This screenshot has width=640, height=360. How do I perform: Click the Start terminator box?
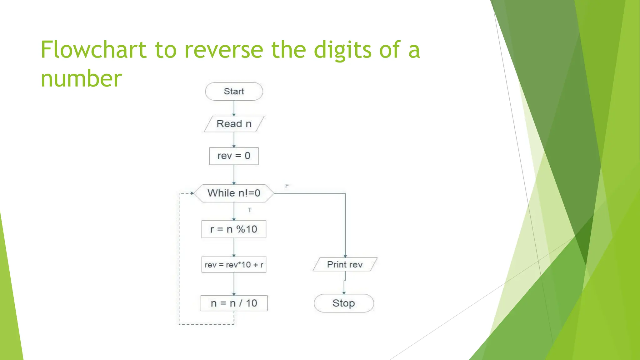[x=234, y=91]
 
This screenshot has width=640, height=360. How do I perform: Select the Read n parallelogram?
[x=234, y=124]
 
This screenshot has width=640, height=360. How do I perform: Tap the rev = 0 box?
[x=234, y=156]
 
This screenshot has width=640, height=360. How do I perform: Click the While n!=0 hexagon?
[x=234, y=193]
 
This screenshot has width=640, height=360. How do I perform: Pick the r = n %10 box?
[x=234, y=229]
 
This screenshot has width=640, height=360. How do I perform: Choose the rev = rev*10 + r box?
[x=234, y=265]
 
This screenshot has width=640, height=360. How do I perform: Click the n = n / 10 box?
[x=234, y=303]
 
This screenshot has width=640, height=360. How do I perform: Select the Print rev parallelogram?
[x=345, y=264]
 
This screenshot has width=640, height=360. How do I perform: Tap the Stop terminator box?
[x=344, y=303]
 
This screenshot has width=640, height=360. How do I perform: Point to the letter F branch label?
[x=287, y=186]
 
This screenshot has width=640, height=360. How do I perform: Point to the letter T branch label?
[x=250, y=210]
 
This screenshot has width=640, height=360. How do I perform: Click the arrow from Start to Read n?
[x=234, y=108]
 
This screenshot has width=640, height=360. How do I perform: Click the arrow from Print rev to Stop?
[x=344, y=283]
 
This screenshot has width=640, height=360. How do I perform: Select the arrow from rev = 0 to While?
[x=234, y=174]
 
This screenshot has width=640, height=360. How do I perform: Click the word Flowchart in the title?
[x=93, y=50]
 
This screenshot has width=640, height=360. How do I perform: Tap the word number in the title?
[x=81, y=78]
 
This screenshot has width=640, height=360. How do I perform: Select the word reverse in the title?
[x=224, y=50]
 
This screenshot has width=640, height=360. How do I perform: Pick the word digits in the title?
[x=342, y=50]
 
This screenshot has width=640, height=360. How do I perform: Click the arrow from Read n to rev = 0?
[x=234, y=140]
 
